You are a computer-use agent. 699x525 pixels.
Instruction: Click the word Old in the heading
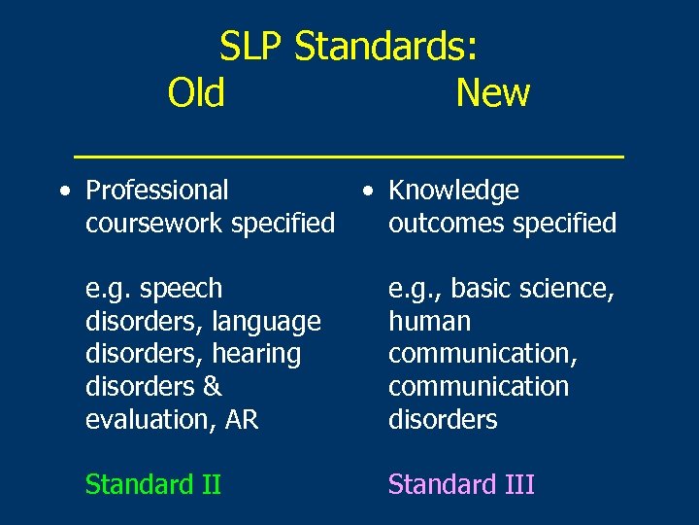(196, 93)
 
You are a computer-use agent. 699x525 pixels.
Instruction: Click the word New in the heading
(492, 93)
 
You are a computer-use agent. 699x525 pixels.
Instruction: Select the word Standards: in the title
(385, 46)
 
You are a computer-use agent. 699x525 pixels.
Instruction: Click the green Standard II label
(153, 484)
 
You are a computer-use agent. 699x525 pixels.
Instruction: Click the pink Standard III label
(461, 484)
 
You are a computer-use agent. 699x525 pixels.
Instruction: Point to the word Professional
(157, 191)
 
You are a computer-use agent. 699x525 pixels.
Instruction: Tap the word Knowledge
(453, 191)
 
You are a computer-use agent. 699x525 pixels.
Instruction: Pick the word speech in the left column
(182, 289)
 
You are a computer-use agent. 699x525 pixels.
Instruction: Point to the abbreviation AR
(242, 419)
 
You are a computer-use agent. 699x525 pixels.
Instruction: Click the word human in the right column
(429, 321)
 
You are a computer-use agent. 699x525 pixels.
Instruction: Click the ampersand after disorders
(213, 387)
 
